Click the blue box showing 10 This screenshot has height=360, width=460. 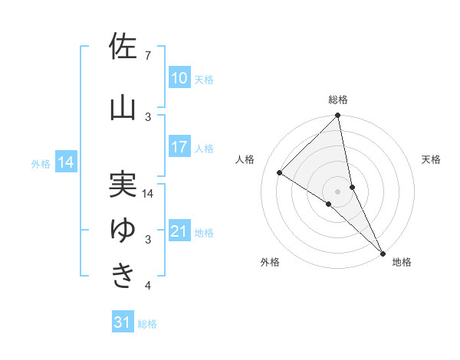[x=179, y=78]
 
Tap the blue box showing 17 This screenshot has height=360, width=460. [x=179, y=147]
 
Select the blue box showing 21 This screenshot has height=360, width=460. [x=179, y=231]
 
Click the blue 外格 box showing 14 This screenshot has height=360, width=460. [x=66, y=162]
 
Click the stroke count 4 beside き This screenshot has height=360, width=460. [x=148, y=286]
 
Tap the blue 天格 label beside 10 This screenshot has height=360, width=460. [x=204, y=79]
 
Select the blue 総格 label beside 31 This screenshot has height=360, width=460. [x=147, y=324]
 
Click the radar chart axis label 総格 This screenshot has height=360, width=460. [x=338, y=100]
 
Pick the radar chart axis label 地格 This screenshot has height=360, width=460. [x=402, y=263]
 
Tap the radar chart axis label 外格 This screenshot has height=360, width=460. [x=270, y=263]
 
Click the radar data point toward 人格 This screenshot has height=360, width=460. [x=280, y=172]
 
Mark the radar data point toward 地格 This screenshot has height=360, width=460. [x=383, y=252]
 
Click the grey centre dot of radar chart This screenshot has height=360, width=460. [x=337, y=190]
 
